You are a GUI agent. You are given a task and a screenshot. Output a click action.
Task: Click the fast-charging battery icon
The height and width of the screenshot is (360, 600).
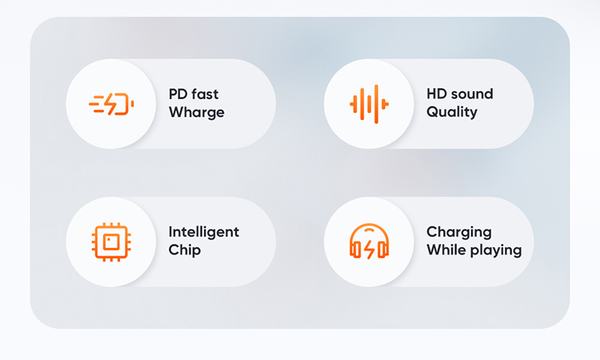111,104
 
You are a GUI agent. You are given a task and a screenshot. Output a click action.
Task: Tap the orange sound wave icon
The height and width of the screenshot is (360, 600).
370,104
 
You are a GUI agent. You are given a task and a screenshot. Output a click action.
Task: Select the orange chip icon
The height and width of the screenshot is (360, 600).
111,242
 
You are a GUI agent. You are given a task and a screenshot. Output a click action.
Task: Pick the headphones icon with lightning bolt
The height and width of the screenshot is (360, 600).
370,242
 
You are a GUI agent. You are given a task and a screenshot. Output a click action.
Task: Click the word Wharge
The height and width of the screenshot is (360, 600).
197,113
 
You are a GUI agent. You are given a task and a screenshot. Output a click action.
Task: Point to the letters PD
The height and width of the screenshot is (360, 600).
178,94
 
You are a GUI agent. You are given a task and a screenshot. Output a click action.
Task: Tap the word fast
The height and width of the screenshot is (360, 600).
205,94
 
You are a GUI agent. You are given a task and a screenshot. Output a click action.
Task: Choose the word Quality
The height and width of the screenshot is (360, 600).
452,112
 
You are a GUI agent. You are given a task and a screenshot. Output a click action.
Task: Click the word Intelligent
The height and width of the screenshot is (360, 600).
204,232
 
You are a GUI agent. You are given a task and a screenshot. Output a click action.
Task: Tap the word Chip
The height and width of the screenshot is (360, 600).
185,250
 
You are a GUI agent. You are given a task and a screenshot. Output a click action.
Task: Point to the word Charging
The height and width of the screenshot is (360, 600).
459,232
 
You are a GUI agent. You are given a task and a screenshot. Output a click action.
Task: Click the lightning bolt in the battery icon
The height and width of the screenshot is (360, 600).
111,104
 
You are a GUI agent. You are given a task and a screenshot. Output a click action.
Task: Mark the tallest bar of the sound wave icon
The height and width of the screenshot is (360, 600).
376,104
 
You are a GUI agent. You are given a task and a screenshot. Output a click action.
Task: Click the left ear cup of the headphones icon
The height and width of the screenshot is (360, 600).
355,250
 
